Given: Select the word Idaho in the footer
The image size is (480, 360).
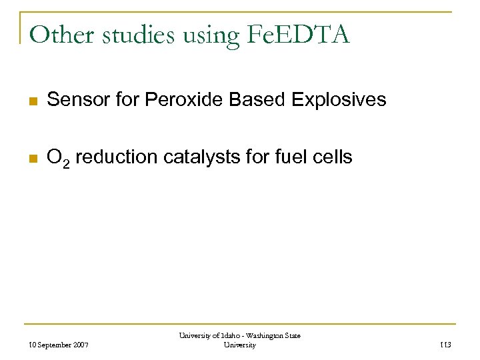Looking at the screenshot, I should coord(223,336).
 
